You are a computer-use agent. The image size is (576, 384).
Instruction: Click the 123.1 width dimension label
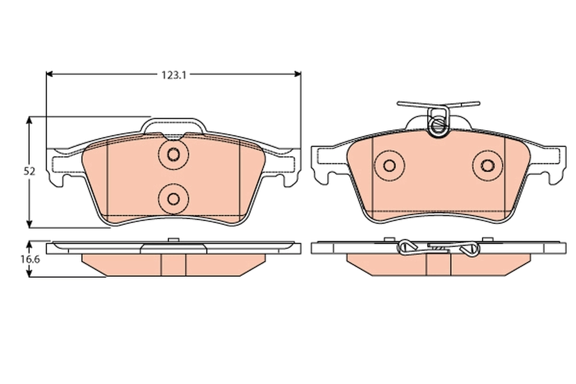(x=173, y=74)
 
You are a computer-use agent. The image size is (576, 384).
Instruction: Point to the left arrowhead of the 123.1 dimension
(x=49, y=74)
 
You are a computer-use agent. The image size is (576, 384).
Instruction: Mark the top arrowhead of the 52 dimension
(x=30, y=120)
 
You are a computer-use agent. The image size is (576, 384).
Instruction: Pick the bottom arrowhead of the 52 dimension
(x=30, y=224)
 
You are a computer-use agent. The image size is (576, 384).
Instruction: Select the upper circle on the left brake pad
(x=173, y=155)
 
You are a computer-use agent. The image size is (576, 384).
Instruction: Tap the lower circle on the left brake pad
(x=173, y=198)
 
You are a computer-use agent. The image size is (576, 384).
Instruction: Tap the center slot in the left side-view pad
(x=173, y=264)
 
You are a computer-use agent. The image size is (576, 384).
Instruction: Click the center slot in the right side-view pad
(x=439, y=264)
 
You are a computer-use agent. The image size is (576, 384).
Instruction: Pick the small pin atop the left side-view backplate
(x=173, y=239)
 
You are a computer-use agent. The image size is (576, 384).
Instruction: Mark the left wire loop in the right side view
(x=407, y=247)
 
